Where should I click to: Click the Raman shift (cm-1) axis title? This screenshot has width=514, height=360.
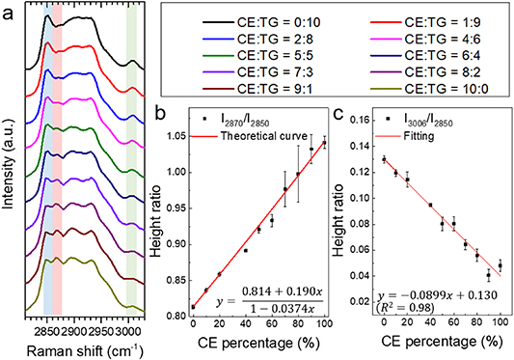pos(83,348)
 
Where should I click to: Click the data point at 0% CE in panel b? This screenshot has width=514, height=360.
pos(193,307)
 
